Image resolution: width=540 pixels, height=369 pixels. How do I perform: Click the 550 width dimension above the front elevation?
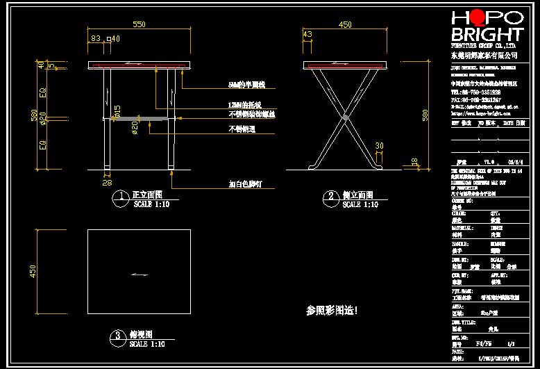pos(139,24)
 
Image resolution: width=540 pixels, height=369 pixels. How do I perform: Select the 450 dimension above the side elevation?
pos(345,24)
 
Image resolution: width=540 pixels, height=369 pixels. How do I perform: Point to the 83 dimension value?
pos(96,38)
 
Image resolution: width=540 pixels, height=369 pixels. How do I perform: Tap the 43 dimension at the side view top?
pos(308,34)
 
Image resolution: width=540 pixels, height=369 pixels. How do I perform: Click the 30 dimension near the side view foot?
pos(379,145)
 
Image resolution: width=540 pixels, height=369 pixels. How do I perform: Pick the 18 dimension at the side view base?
pos(415,161)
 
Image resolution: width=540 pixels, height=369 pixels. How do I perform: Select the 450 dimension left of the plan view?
pos(32,270)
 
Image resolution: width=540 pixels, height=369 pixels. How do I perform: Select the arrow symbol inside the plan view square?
pos(139,276)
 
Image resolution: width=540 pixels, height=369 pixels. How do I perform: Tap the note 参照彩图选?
pos(332,310)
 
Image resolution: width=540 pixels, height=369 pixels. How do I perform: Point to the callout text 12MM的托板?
pos(243,104)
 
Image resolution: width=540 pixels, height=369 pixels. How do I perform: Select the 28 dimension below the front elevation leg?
pos(108,183)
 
